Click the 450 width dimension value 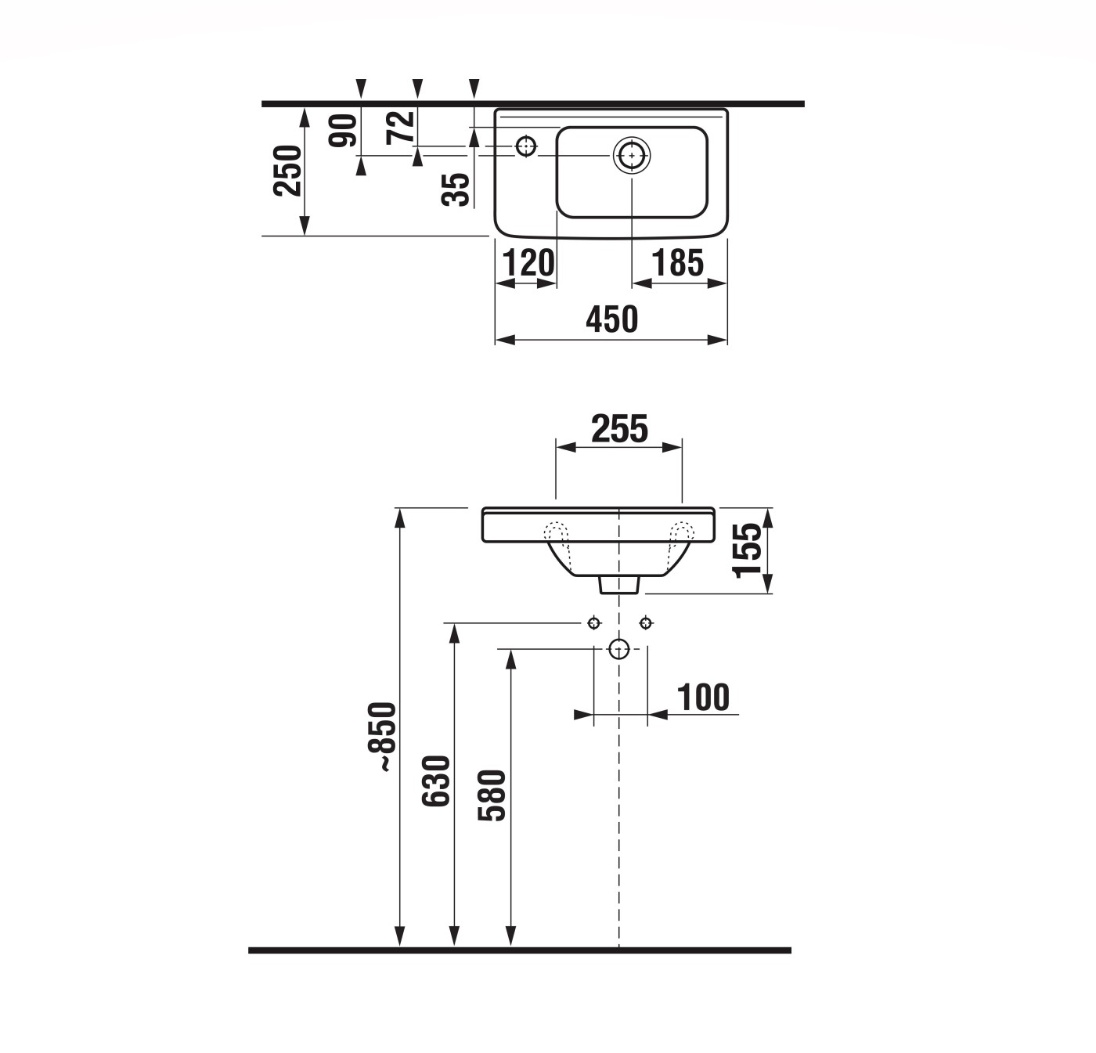(611, 319)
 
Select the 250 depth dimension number (288, 170)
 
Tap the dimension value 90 (343, 130)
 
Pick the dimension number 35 (456, 189)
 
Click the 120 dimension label (528, 263)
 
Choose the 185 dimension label (678, 263)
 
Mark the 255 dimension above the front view (619, 428)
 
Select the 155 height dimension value (748, 549)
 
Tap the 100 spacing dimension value (702, 697)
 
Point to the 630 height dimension (436, 781)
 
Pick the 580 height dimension (492, 795)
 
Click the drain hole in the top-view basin (631, 155)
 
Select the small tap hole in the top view (526, 146)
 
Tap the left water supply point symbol (594, 623)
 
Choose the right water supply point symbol (646, 623)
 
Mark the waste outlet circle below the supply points (619, 649)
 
